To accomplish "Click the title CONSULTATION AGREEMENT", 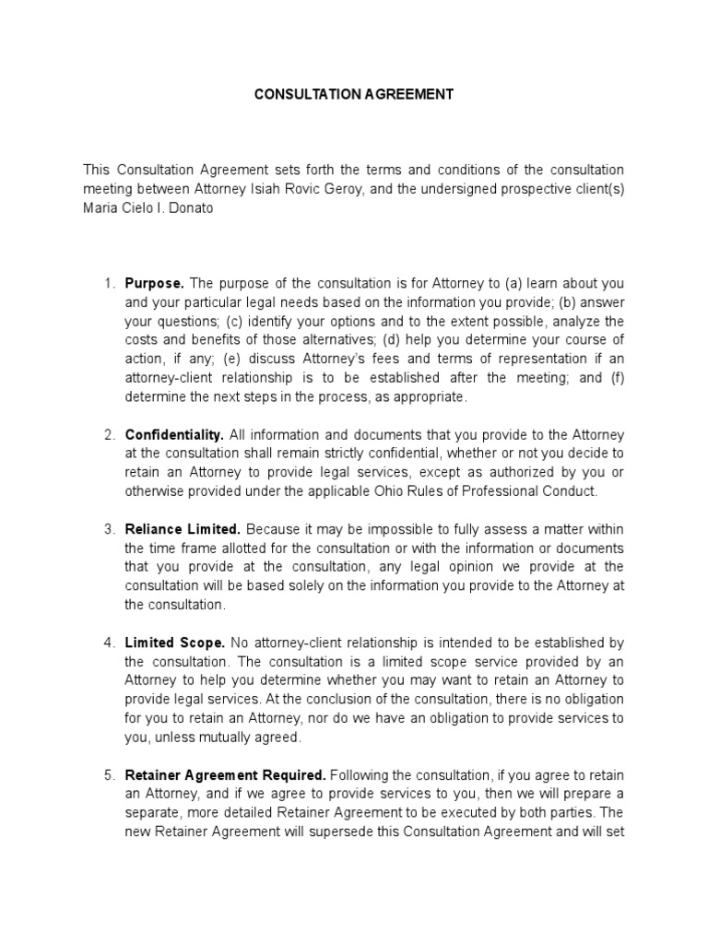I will (x=354, y=95).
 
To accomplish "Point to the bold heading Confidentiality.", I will (x=174, y=434).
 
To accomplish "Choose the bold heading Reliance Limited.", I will (x=183, y=529).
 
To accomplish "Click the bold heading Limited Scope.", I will (x=175, y=642).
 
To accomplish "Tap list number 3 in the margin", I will (x=109, y=529).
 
